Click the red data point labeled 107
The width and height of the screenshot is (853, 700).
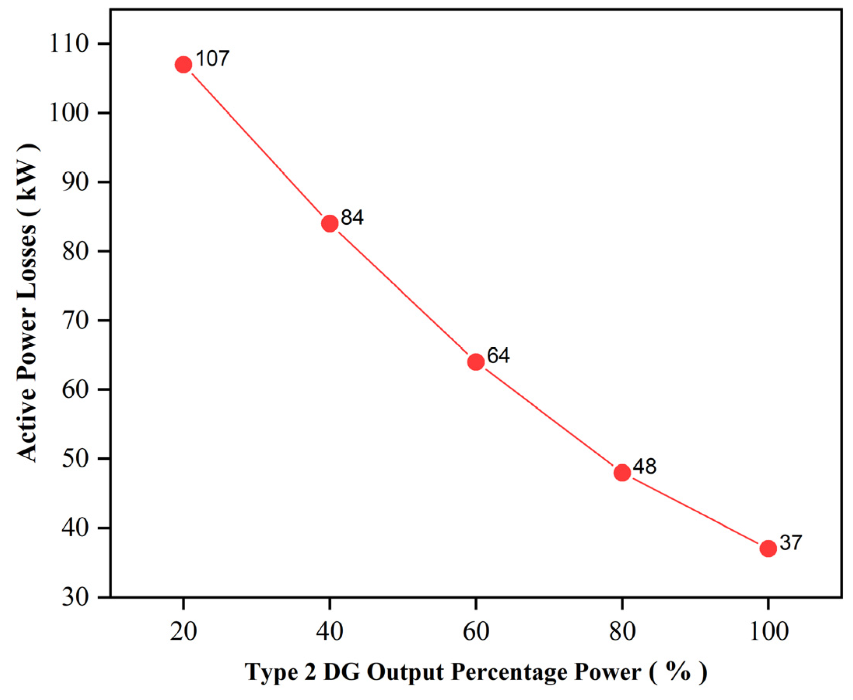(184, 65)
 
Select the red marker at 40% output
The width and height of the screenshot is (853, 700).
(330, 223)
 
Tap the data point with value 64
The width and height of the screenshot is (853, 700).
(476, 362)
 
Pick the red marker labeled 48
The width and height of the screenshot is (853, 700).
(622, 472)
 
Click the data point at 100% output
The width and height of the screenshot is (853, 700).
(768, 549)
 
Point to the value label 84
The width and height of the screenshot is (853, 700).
(352, 218)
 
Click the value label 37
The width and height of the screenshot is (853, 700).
(791, 543)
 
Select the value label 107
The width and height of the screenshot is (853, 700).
(212, 59)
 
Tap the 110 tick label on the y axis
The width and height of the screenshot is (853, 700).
(68, 44)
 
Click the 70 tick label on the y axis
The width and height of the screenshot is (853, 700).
(75, 320)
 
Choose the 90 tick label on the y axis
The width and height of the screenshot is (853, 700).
(75, 182)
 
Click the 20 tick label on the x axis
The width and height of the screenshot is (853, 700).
(184, 632)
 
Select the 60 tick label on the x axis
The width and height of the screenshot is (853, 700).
(476, 632)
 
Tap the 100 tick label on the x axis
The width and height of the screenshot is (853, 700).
(768, 632)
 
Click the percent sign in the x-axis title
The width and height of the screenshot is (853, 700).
(678, 671)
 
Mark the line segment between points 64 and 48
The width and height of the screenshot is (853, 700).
(549, 417)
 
